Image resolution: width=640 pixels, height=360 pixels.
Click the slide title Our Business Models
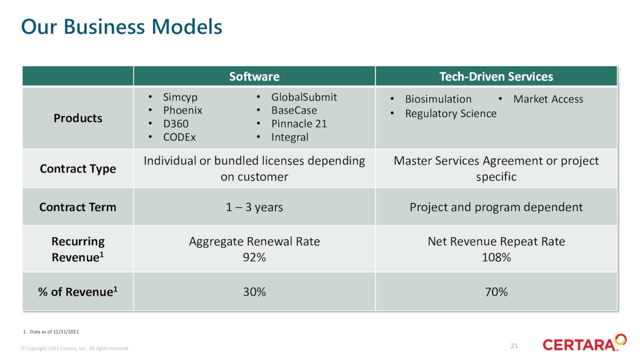[x=121, y=26]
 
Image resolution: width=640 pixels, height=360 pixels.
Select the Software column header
[x=254, y=76]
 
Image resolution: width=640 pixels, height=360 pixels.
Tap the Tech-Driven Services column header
[x=496, y=76]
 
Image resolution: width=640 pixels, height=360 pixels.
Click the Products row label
[x=78, y=118]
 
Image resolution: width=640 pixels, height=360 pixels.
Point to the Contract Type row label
[x=78, y=168]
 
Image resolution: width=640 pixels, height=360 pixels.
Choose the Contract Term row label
[x=78, y=207]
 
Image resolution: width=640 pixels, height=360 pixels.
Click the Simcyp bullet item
[x=180, y=97]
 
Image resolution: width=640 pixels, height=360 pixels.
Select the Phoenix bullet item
[x=182, y=110]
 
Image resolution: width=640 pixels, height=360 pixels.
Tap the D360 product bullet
[x=176, y=123]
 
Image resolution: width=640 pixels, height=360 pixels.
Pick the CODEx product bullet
[x=179, y=137]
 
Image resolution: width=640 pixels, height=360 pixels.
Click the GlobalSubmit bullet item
[x=304, y=97]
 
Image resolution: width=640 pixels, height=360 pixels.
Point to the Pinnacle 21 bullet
[x=299, y=123]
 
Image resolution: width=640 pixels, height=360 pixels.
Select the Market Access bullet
[x=548, y=99]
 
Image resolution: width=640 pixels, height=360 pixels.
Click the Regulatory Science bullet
[x=450, y=113]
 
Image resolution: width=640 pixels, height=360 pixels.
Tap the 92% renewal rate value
[x=254, y=257]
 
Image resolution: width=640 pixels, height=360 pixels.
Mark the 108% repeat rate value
[x=496, y=257]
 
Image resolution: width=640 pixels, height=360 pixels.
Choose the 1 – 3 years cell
[x=254, y=207]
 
